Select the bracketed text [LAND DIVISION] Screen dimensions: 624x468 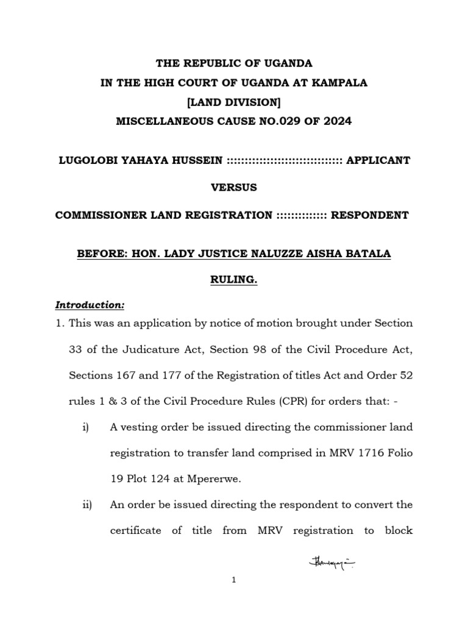pos(234,102)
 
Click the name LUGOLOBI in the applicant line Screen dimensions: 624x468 pos(86,161)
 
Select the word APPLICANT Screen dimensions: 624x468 pos(378,161)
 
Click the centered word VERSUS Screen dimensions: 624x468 pos(234,188)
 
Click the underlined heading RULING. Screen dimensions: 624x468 pos(234,278)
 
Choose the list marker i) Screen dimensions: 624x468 pos(85,427)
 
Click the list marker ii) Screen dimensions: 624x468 pos(86,505)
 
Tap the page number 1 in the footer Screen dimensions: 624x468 pos(234,598)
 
